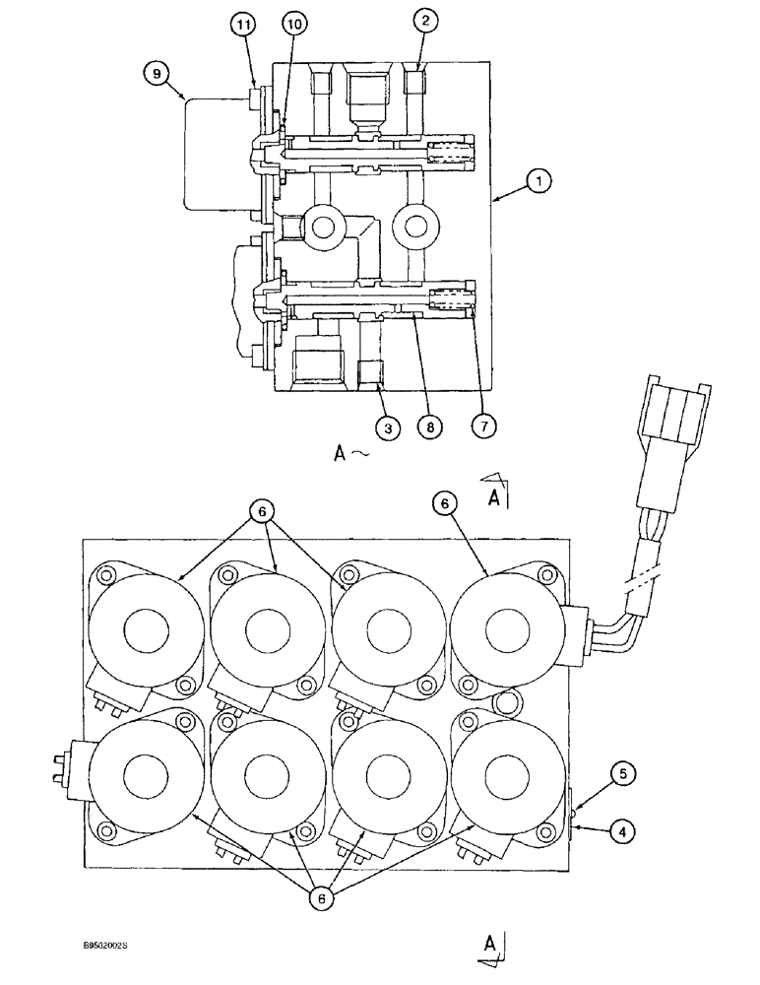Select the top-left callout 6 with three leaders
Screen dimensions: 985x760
[x=261, y=512]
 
